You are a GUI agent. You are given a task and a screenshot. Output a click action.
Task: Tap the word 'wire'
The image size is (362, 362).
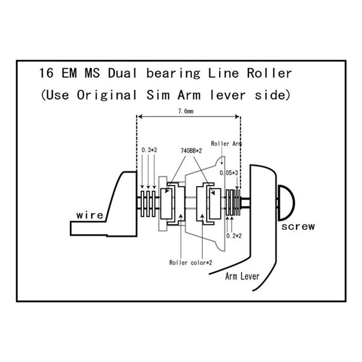(90, 215)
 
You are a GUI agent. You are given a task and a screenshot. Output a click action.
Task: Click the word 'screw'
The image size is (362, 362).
(298, 227)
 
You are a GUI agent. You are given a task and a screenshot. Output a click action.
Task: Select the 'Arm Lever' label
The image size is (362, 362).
(242, 276)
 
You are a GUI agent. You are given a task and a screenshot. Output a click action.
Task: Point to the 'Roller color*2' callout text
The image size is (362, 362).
(191, 263)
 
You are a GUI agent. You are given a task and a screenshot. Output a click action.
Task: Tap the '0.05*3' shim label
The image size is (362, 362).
(229, 173)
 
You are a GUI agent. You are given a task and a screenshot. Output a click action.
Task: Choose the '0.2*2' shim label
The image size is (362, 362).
(234, 236)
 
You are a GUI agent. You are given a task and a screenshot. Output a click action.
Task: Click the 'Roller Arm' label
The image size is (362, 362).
(226, 143)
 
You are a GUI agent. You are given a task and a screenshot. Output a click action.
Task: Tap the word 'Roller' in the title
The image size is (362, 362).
(269, 73)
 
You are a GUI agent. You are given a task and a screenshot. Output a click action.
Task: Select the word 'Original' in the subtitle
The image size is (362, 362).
(107, 95)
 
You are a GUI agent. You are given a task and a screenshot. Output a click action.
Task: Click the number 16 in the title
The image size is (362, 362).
(46, 73)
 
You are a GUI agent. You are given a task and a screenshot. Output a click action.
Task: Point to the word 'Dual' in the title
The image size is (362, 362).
(123, 73)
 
